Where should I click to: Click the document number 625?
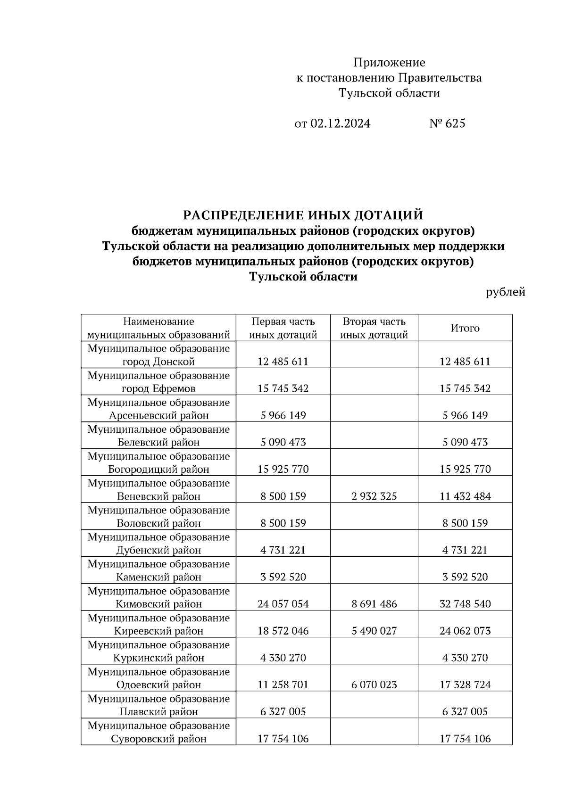coord(454,124)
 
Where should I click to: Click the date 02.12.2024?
coord(341,124)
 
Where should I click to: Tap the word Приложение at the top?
coord(389,63)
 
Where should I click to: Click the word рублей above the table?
coord(506,292)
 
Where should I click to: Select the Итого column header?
coord(465,328)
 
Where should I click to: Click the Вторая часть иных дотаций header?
coord(374,328)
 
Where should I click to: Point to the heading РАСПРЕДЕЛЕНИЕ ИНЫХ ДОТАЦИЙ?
coord(303,215)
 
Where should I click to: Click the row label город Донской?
coord(158,362)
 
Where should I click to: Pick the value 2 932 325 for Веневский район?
coord(374,496)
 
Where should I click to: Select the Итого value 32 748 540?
coord(465,604)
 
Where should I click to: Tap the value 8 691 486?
coord(374,604)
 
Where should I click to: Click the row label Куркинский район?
coord(158,658)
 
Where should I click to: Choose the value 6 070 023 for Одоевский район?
coord(374,685)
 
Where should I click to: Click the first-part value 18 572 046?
coord(283,631)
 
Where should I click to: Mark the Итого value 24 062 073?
coord(465,631)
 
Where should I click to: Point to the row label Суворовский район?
coord(158,739)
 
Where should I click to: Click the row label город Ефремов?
coord(158,389)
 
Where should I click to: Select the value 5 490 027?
coord(374,631)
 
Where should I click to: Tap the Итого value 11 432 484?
coord(465,496)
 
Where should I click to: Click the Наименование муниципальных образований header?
coord(158,328)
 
